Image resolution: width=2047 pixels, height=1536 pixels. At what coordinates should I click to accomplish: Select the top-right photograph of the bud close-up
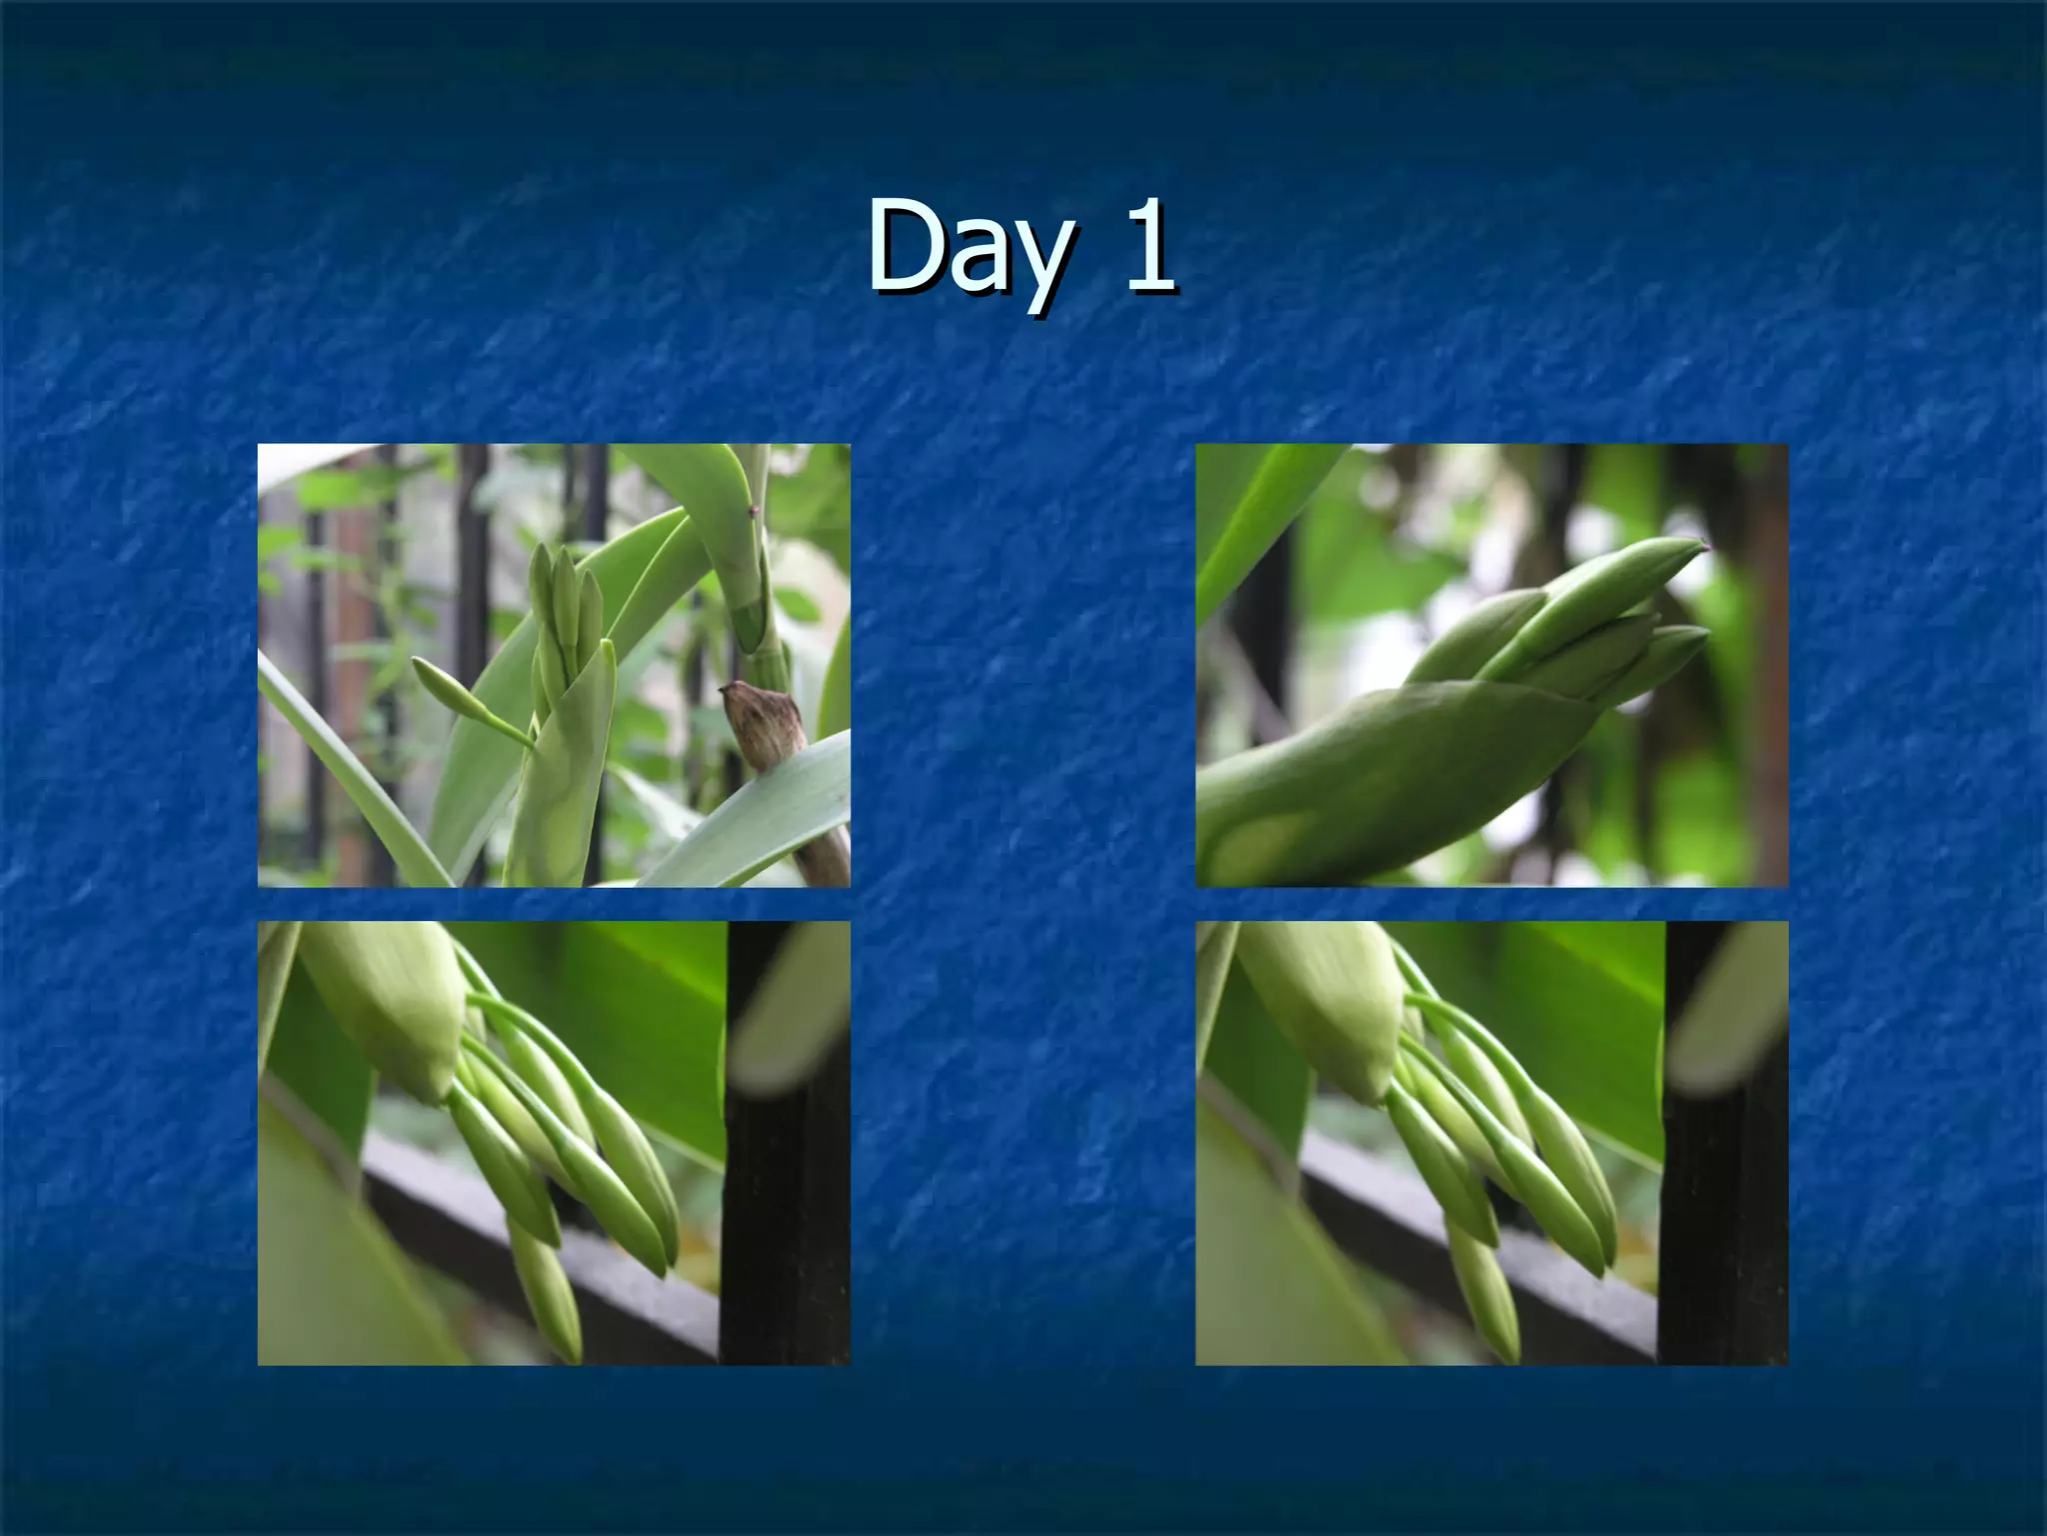point(1491,665)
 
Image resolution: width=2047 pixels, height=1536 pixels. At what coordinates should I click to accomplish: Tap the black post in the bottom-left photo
point(785,1200)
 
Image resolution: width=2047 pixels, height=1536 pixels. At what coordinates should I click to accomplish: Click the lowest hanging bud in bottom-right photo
point(1487,1300)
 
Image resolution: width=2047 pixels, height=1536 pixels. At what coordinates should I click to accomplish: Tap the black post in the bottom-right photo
point(1722,1200)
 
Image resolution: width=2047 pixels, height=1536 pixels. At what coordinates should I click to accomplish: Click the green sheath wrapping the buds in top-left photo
point(565,780)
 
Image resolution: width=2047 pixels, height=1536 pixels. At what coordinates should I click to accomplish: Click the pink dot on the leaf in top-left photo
point(752,512)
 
